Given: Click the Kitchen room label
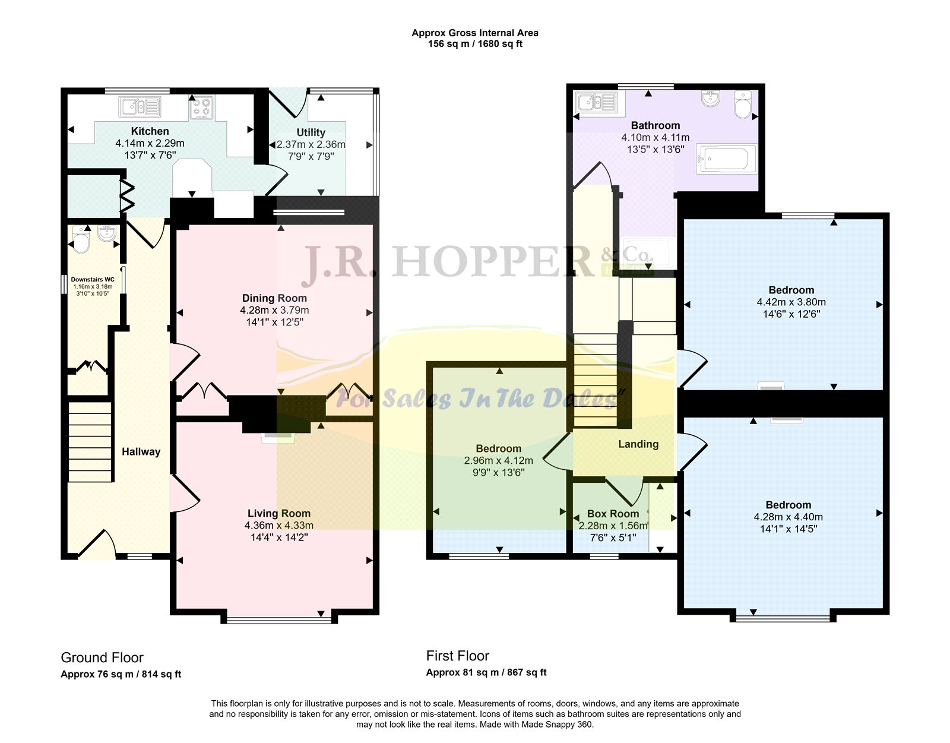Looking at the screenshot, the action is coord(150,131).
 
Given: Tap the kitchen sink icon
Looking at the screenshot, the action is coord(140,107).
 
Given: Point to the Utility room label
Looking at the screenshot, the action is coord(311,132).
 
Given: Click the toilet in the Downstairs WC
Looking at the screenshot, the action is coord(81,239).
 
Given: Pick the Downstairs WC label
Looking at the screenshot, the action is coord(93,280).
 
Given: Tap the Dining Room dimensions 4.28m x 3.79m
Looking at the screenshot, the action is coord(274,311).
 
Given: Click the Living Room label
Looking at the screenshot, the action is coord(279,513).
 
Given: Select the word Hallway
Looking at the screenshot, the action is coord(141,452).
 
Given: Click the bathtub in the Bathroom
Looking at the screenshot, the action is coord(727,159).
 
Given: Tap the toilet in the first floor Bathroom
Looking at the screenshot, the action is coord(743,105).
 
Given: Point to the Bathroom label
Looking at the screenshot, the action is coord(655,125).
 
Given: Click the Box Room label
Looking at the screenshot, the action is coord(613,514).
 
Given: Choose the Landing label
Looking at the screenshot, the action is coord(638,444).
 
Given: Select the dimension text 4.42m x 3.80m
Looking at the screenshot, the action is coord(791,302).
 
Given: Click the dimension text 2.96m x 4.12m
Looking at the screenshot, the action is coord(498,460).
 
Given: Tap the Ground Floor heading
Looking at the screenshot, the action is coord(102,657).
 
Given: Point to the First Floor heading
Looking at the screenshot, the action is coord(457,656).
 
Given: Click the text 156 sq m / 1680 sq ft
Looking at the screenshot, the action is coord(475,44).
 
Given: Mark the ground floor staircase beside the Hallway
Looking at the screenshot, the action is coord(90,442).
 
